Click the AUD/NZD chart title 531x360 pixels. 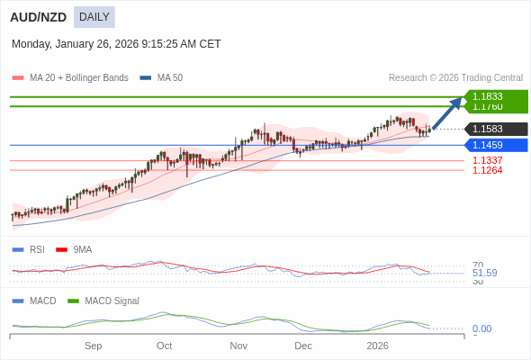pos(38,17)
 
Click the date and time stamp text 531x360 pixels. pos(116,44)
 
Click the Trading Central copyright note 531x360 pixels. pos(455,78)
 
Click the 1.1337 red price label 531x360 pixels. pos(487,160)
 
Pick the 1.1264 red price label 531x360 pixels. pos(487,170)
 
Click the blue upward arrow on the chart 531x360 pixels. pos(447,113)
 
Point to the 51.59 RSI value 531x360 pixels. pos(484,273)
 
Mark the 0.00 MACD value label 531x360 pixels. pos(481,329)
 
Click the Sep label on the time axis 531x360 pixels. pos(94,346)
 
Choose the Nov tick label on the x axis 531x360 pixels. pos(238,346)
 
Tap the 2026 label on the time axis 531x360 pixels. pos(377,346)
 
